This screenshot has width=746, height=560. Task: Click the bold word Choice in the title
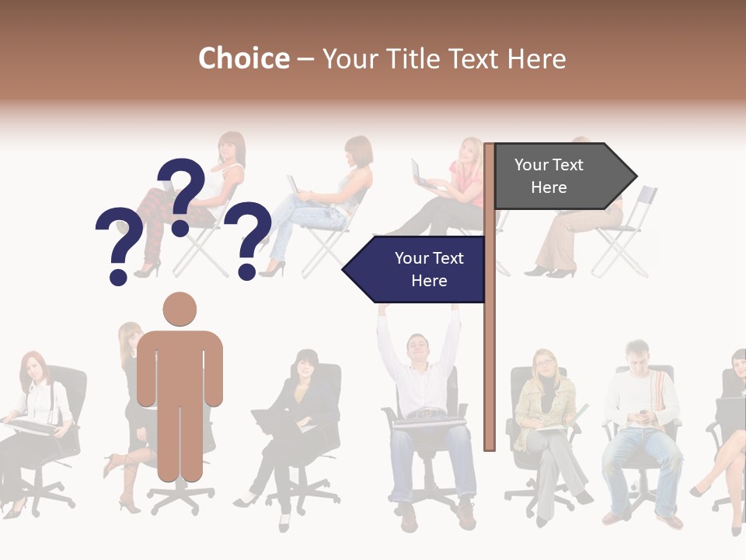pyautogui.click(x=243, y=59)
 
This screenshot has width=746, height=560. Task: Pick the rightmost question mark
pyautogui.click(x=248, y=238)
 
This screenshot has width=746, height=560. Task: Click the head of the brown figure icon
pyautogui.click(x=180, y=309)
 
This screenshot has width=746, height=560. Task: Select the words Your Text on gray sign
pyautogui.click(x=549, y=165)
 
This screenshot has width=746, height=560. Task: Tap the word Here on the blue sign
pyautogui.click(x=429, y=281)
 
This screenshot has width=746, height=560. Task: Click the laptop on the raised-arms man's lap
pyautogui.click(x=430, y=422)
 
